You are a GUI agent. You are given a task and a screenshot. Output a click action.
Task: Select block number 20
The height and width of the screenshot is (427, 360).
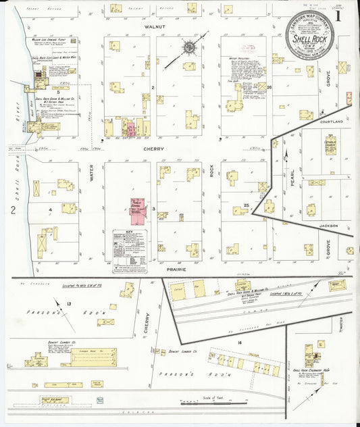268,88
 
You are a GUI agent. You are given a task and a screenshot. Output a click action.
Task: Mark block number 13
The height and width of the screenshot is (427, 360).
69,304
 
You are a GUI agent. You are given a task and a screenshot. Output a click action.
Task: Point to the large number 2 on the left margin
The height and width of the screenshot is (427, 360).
13,210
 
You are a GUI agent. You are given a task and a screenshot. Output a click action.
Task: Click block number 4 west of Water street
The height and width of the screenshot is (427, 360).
50,210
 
